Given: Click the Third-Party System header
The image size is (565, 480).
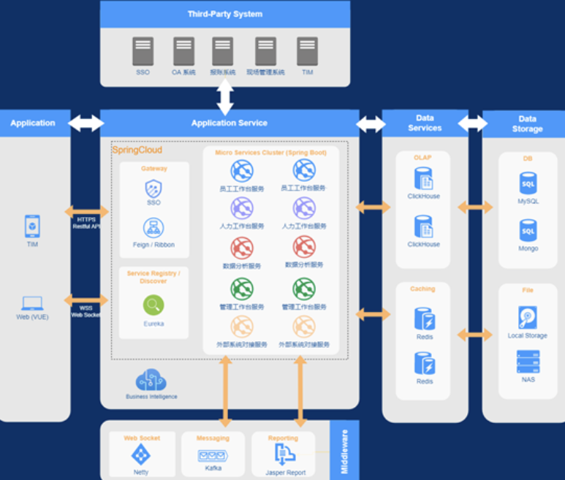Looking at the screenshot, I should pyautogui.click(x=224, y=14).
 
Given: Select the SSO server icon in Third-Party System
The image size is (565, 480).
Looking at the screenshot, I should pyautogui.click(x=143, y=51).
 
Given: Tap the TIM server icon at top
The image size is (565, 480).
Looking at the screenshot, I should pyautogui.click(x=307, y=51).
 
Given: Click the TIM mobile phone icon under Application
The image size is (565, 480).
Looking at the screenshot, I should pyautogui.click(x=32, y=226).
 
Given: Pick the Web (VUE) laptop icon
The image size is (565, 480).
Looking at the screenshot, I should pyautogui.click(x=32, y=303).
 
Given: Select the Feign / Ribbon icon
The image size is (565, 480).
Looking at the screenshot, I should pyautogui.click(x=153, y=227).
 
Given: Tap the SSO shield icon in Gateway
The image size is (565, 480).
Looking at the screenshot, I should pyautogui.click(x=153, y=188).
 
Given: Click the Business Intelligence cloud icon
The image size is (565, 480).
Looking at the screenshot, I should pyautogui.click(x=151, y=380).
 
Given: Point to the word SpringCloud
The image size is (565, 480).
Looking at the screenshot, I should pyautogui.click(x=137, y=150).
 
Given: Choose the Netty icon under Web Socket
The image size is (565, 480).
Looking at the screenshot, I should pyautogui.click(x=140, y=455).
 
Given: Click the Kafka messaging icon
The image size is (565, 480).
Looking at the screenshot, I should pyautogui.click(x=213, y=455).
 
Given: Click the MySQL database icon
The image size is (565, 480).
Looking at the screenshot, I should pyautogui.click(x=528, y=183).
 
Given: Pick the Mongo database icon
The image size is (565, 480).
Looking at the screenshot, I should pyautogui.click(x=528, y=230).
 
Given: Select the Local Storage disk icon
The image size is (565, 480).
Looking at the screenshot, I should pyautogui.click(x=527, y=317).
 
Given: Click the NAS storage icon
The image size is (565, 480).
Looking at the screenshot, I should pyautogui.click(x=528, y=361).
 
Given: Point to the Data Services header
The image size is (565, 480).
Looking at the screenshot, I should pyautogui.click(x=425, y=123).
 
